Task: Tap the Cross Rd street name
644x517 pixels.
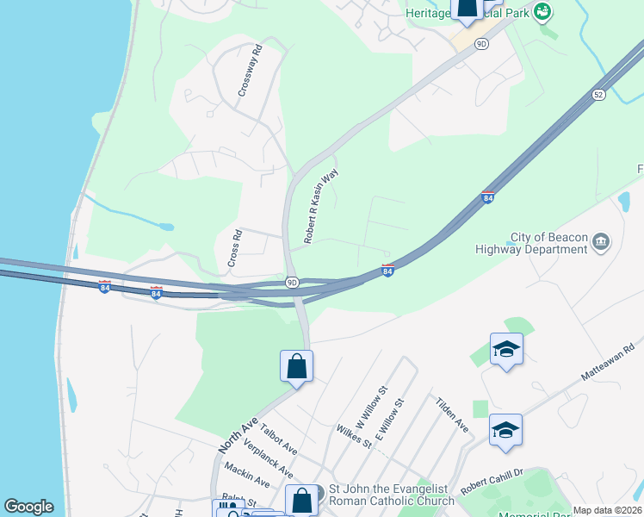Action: tap(232, 248)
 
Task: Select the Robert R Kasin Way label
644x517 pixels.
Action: tap(320, 205)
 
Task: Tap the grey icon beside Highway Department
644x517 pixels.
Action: tap(602, 240)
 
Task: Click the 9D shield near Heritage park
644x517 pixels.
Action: tap(481, 43)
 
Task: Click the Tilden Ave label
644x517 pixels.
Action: tap(452, 414)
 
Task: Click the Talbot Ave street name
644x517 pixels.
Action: tap(279, 438)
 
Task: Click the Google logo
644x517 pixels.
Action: tap(28, 507)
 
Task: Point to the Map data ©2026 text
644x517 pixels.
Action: tap(606, 510)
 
